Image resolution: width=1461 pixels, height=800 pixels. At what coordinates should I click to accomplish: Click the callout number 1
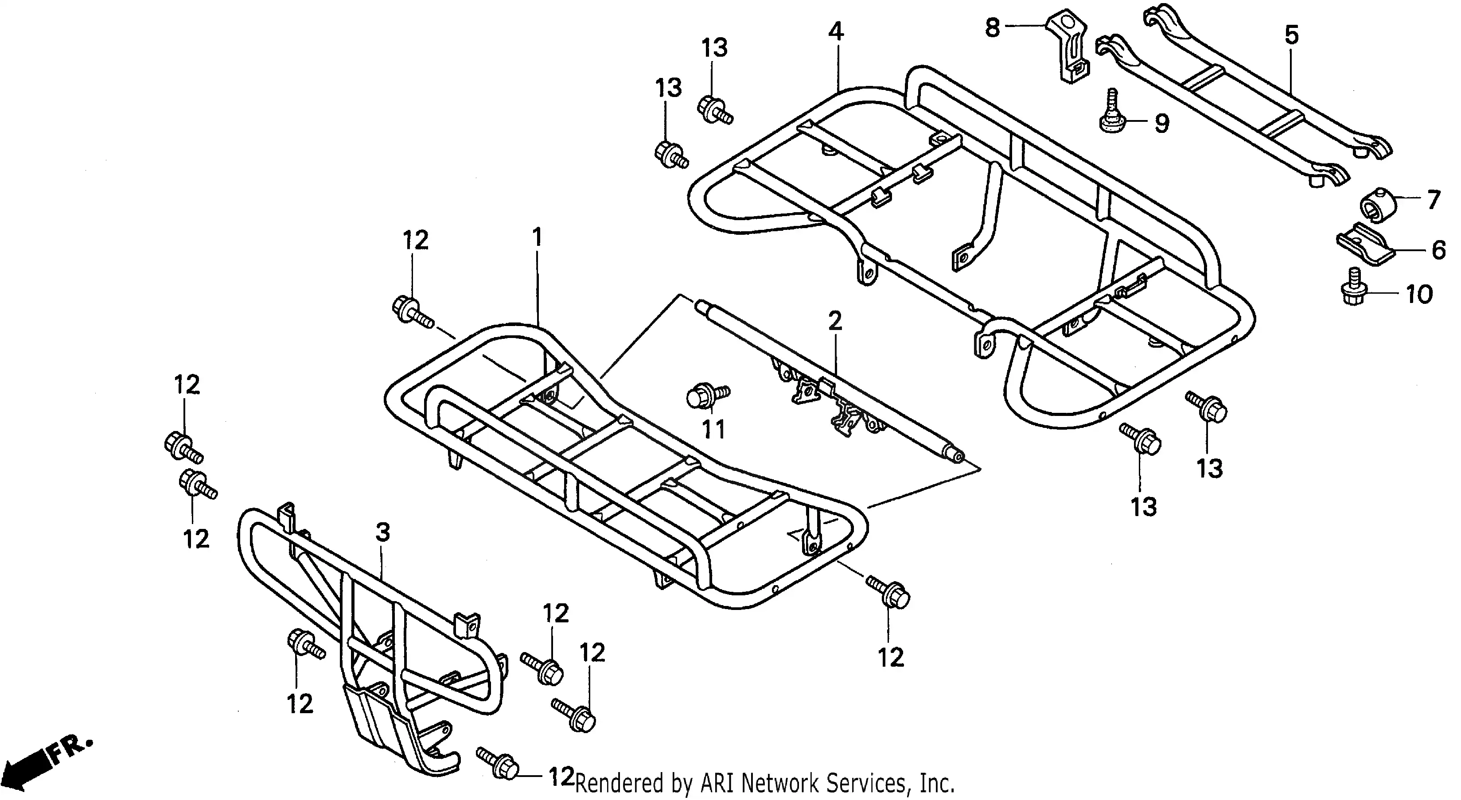(x=537, y=237)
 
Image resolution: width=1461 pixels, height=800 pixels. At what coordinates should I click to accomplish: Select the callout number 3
(x=383, y=532)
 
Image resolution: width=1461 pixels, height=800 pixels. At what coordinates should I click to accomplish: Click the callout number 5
(x=1291, y=35)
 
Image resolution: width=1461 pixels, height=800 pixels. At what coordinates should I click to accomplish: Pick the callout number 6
(x=1439, y=250)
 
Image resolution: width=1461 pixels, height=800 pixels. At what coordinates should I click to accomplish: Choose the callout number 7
(x=1433, y=200)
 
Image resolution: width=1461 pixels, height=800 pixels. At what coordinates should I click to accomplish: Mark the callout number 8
(x=993, y=27)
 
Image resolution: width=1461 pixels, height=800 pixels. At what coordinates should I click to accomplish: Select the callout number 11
(x=713, y=430)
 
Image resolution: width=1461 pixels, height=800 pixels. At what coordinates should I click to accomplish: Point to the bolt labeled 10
(x=1356, y=287)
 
